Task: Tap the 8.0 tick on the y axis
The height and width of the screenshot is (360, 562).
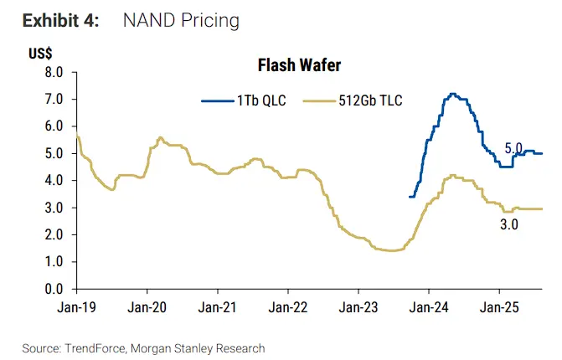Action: pos(54,73)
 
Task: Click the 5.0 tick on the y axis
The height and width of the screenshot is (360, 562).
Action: pos(54,154)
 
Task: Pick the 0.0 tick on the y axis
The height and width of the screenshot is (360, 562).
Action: pos(54,290)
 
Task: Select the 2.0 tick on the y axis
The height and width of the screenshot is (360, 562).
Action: pos(54,235)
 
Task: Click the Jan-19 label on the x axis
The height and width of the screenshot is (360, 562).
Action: pos(77,307)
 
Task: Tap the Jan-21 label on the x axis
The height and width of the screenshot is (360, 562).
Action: pos(218,307)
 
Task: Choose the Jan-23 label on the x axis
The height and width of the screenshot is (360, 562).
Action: pos(358,307)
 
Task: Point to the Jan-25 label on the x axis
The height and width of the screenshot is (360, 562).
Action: pos(500,307)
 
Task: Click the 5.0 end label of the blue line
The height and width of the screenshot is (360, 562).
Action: pos(513,148)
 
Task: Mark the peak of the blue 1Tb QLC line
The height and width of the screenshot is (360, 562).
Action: pos(453,94)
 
